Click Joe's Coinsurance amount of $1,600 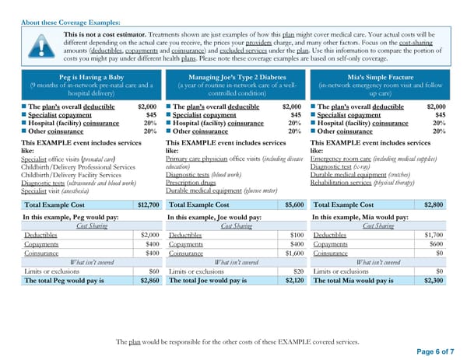tap(291, 253)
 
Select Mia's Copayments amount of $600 tap(437, 243)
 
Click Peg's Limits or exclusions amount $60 tap(153, 271)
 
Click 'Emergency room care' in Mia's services tap(339, 158)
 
